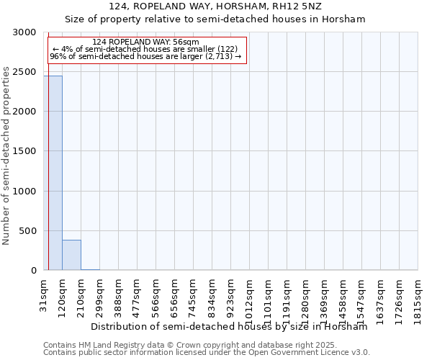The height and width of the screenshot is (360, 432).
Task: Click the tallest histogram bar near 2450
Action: click(x=53, y=173)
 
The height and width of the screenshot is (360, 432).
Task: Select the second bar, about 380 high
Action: click(x=71, y=255)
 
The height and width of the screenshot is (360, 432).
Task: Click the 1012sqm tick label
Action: click(x=249, y=297)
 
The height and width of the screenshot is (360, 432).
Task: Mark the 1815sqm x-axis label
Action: click(x=418, y=297)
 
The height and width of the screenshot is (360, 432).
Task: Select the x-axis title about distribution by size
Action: click(x=229, y=326)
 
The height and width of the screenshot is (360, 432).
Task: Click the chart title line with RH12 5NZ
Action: click(x=215, y=6)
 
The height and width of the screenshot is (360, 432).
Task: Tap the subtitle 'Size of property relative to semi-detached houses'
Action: click(x=215, y=19)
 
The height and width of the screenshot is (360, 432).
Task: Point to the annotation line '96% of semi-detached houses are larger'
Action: click(x=145, y=56)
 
